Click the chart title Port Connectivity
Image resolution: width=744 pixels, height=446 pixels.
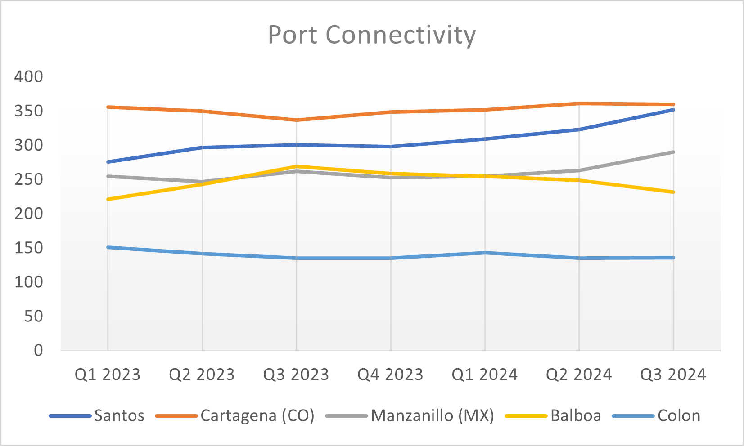(372, 35)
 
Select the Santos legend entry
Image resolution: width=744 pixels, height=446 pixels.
(119, 415)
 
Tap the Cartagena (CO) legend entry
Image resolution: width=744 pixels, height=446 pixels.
(257, 415)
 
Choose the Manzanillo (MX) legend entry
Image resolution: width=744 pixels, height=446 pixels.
(432, 415)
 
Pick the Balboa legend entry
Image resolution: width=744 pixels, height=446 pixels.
(575, 415)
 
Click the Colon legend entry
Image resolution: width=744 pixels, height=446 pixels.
(678, 415)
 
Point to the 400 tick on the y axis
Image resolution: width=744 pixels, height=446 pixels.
(29, 76)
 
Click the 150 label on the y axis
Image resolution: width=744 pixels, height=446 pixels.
(29, 248)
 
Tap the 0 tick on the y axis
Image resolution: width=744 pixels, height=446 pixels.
(38, 350)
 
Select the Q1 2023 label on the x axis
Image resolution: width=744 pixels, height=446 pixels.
(108, 375)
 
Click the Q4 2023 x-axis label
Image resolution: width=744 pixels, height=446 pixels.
(390, 375)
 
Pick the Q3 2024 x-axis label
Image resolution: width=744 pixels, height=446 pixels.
(673, 375)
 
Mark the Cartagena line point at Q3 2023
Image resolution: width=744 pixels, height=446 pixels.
(296, 120)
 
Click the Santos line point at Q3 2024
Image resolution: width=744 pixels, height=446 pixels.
(673, 109)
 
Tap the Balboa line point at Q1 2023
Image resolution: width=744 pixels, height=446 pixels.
(108, 199)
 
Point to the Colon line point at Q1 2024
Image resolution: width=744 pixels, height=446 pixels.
(485, 253)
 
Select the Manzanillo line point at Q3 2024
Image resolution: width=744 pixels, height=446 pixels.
(673, 152)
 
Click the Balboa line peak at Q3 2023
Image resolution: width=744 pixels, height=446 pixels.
(296, 166)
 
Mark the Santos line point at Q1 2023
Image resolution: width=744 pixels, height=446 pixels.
(108, 161)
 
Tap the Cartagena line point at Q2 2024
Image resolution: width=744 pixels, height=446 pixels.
(579, 103)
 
